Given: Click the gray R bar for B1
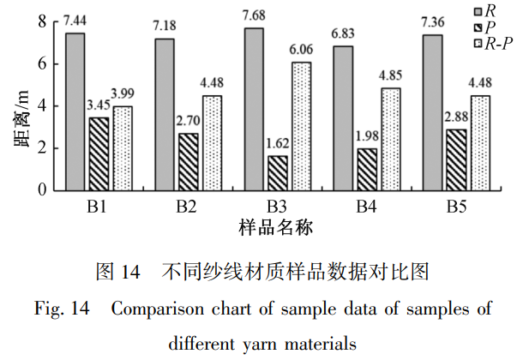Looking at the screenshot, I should click(x=75, y=111).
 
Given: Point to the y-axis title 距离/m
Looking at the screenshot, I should click(x=21, y=120).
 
